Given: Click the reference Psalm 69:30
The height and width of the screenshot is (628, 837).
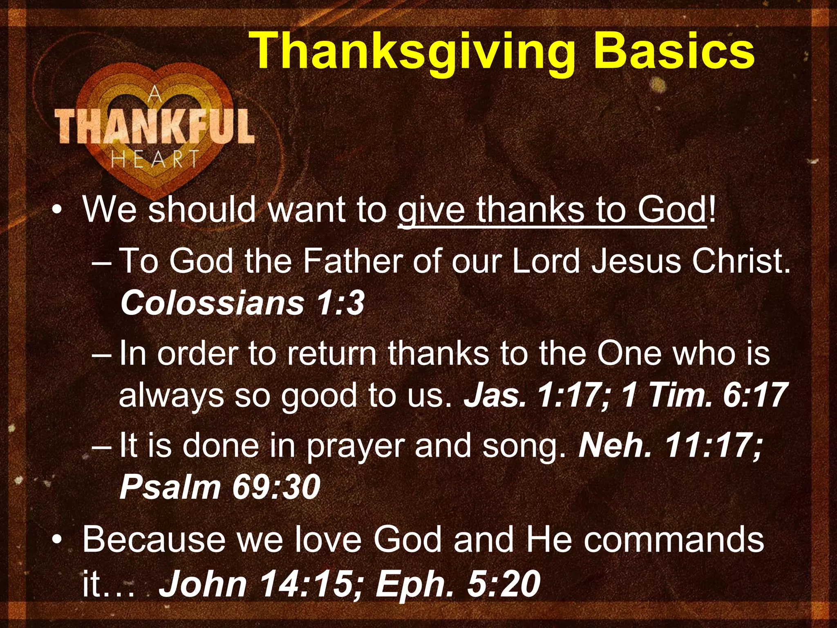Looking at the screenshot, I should [x=220, y=487].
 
